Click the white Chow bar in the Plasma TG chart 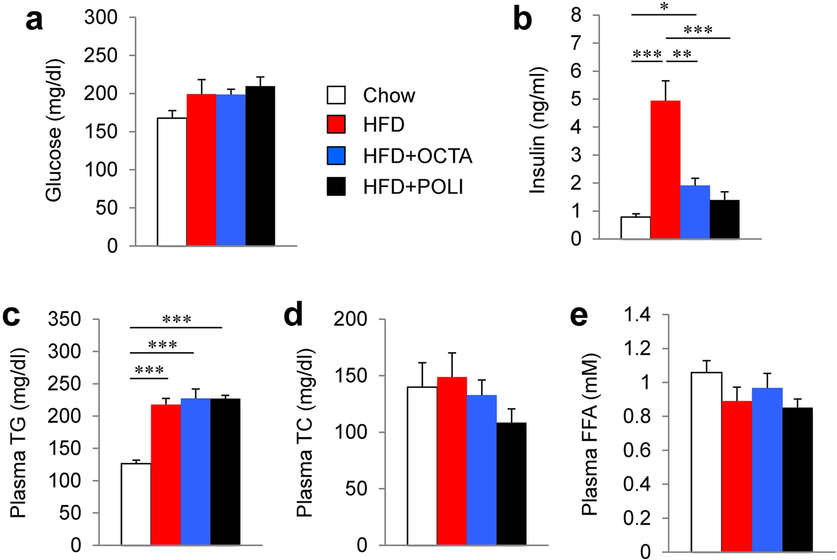pos(136,504)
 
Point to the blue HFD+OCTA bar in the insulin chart pos(695,212)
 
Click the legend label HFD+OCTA pos(417,156)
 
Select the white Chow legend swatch pos(336,95)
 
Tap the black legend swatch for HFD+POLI pos(336,186)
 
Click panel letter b pos(522,20)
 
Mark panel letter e pos(579,316)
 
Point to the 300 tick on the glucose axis pos(101,17)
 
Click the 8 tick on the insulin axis pos(576,15)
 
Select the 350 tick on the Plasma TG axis pos(65,319)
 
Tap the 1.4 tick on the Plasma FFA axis pos(637,315)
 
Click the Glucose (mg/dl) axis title pos(54,130)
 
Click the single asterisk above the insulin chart pos(664,7)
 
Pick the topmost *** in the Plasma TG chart pos(176,319)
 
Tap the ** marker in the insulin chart pos(682,54)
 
